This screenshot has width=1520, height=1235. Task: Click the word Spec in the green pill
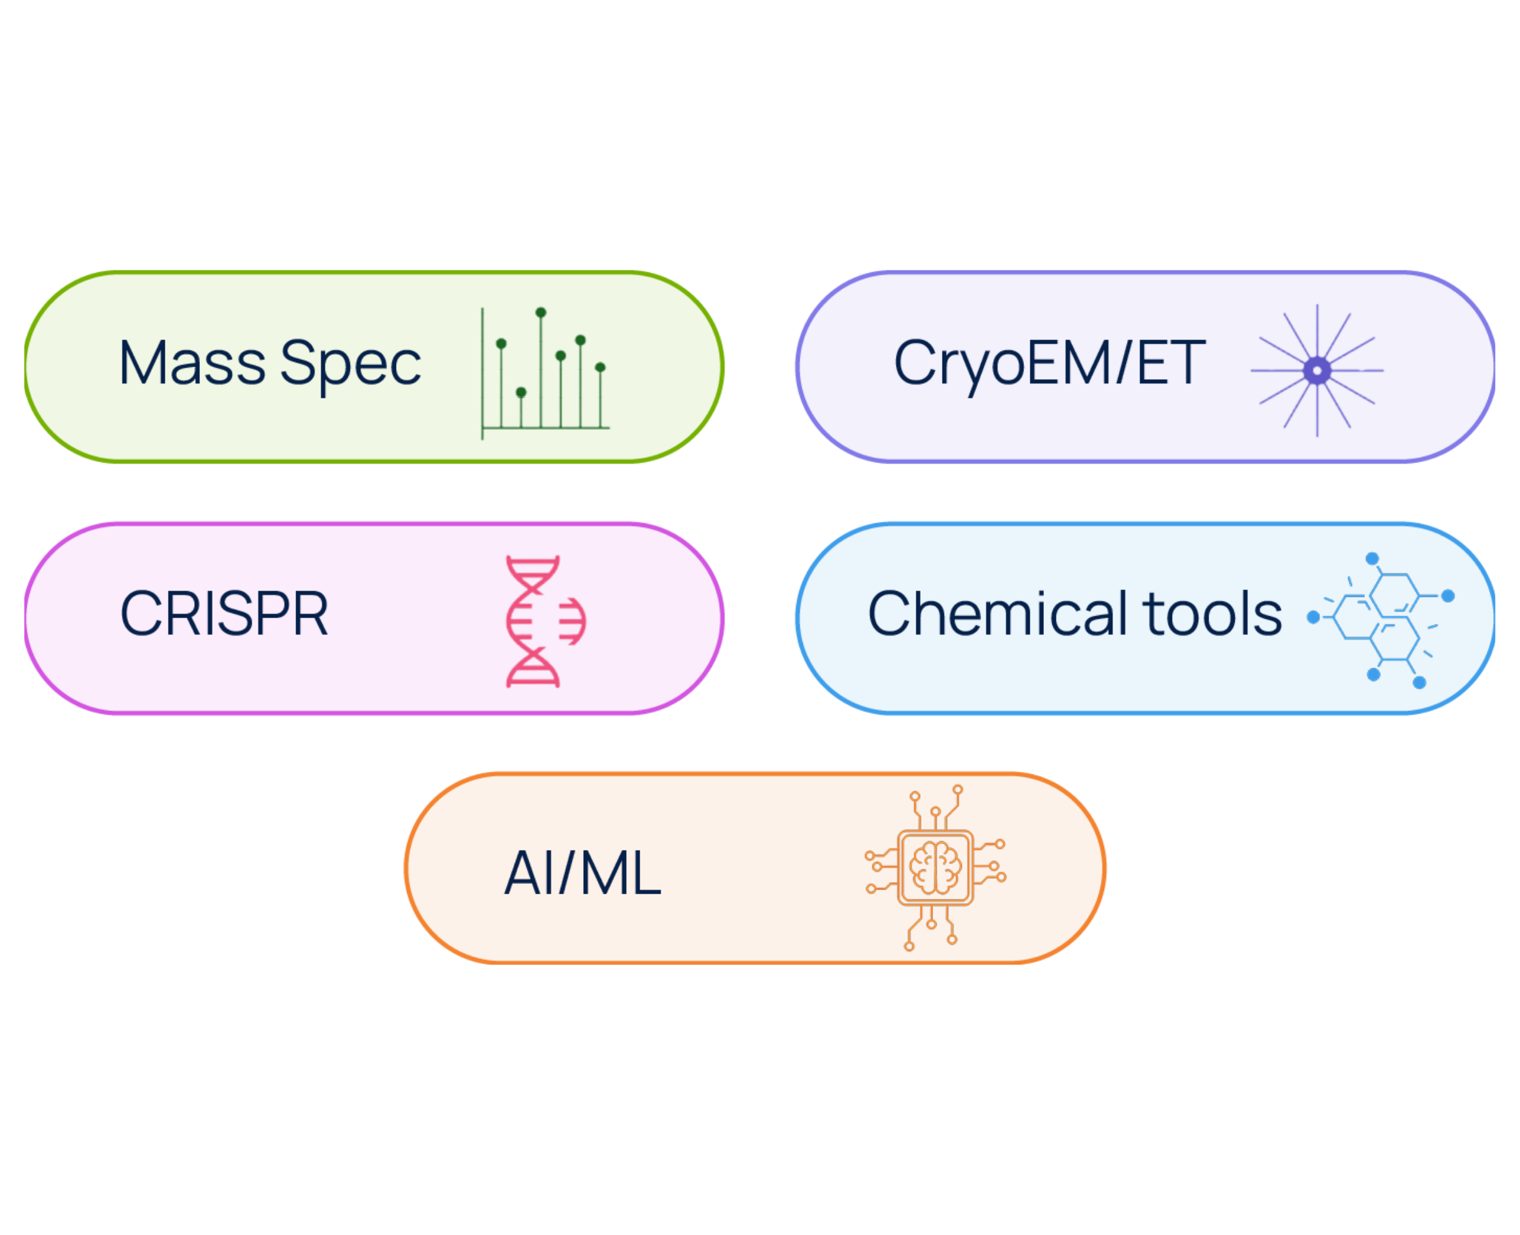pyautogui.click(x=351, y=367)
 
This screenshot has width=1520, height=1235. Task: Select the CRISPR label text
pyautogui.click(x=224, y=613)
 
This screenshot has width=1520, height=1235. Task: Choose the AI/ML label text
pyautogui.click(x=582, y=873)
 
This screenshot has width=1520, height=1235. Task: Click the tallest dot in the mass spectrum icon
pyautogui.click(x=541, y=313)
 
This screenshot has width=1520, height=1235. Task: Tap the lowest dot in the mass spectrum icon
pyautogui.click(x=521, y=392)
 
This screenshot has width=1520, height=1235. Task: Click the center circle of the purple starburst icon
pyautogui.click(x=1318, y=371)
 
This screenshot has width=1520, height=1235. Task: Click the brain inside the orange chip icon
pyautogui.click(x=936, y=867)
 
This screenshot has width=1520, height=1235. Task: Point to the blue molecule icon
pyautogui.click(x=1380, y=620)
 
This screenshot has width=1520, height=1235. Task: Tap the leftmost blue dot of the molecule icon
pyautogui.click(x=1314, y=617)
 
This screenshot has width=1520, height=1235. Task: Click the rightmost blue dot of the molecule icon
pyautogui.click(x=1448, y=596)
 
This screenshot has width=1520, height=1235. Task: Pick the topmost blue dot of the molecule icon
pyautogui.click(x=1373, y=559)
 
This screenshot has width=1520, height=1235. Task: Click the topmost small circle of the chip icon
pyautogui.click(x=958, y=790)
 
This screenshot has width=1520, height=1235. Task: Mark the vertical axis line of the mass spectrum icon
pyautogui.click(x=483, y=373)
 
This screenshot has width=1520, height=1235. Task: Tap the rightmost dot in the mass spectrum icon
pyautogui.click(x=600, y=367)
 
